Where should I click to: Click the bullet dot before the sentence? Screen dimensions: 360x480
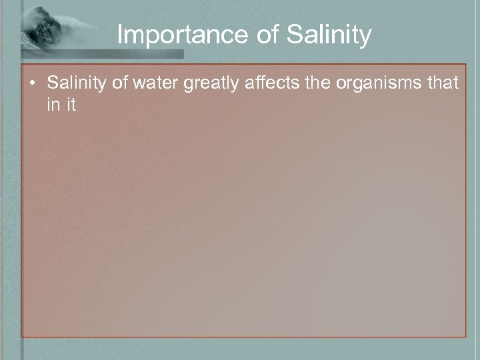pyautogui.click(x=32, y=84)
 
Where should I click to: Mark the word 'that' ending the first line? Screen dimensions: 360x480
pyautogui.click(x=441, y=83)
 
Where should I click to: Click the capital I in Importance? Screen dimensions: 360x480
pyautogui.click(x=120, y=35)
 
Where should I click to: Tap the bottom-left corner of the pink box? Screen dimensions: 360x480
pyautogui.click(x=22, y=337)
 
